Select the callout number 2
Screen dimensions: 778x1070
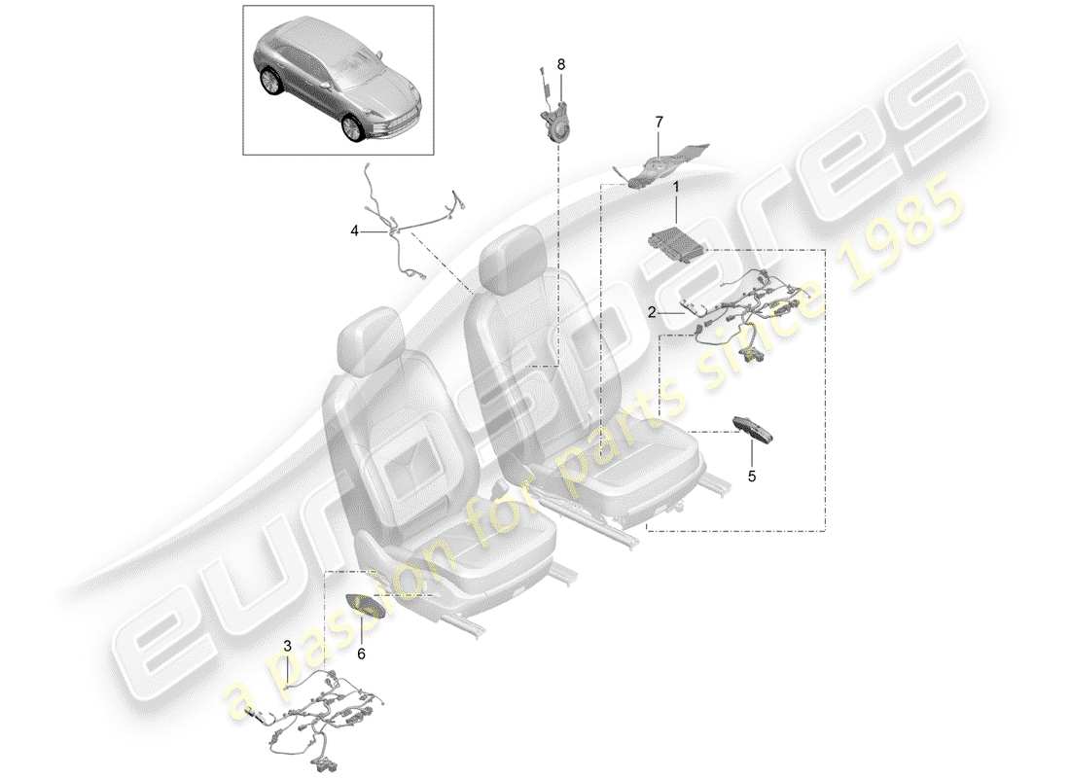point(652,312)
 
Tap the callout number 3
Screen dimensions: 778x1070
point(287,645)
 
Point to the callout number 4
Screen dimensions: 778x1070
point(355,230)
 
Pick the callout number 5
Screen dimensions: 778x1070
point(750,477)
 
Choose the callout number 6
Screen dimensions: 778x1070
point(361,654)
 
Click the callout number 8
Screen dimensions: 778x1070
point(560,64)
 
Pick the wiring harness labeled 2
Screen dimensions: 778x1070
point(749,306)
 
